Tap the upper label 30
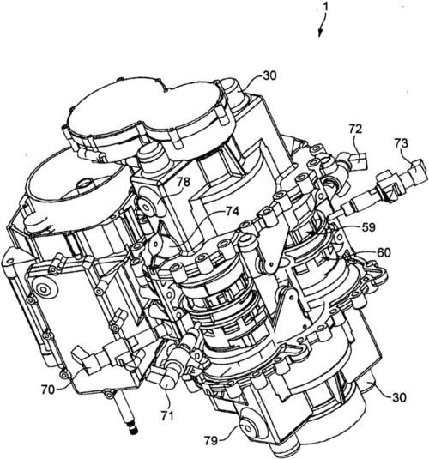pos(269,75)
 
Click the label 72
pos(355,129)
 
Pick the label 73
pos(401,143)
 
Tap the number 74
pos(232,211)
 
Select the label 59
pos(368,227)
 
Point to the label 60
pos(384,252)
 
